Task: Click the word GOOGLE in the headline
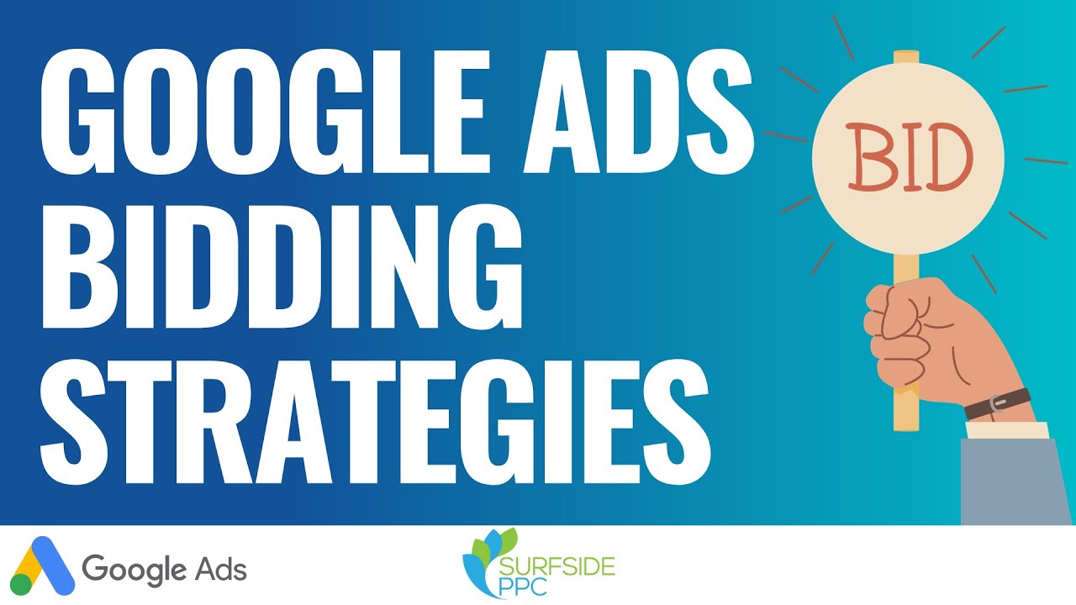coord(265,112)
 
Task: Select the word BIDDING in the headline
coord(282,267)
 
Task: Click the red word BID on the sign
coord(909,156)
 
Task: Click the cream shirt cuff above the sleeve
coord(1007,430)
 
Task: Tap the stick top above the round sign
coord(906,57)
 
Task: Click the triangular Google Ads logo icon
coord(42,566)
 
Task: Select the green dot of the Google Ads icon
coord(21,584)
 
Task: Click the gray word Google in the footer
coord(134,571)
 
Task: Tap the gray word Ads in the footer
coord(221,569)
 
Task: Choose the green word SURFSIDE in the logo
coord(556,567)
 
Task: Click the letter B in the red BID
coord(868,157)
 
